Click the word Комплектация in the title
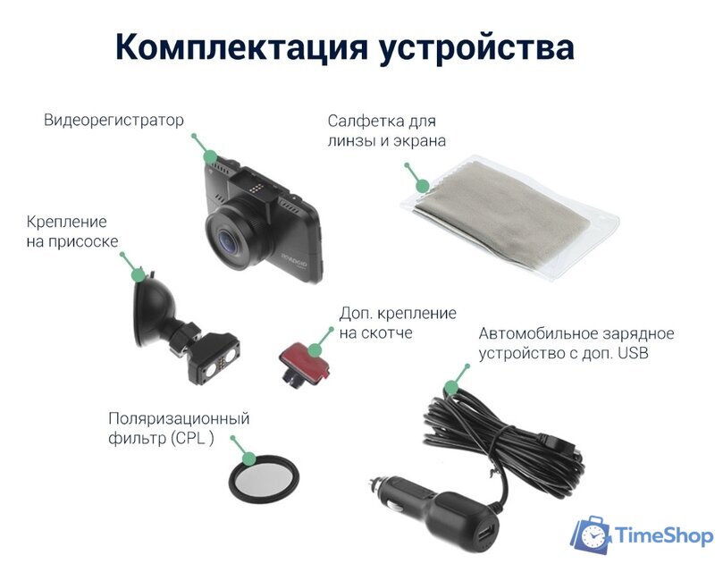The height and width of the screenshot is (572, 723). coord(243,46)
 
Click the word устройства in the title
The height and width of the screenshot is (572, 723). coord(478,46)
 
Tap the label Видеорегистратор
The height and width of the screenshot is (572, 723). coord(113,120)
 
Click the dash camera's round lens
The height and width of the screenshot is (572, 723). coord(231,236)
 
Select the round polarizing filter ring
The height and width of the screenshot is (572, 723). coord(265,480)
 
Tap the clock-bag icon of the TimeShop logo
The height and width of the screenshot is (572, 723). coord(591,534)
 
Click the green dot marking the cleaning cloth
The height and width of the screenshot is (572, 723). coord(423,185)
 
